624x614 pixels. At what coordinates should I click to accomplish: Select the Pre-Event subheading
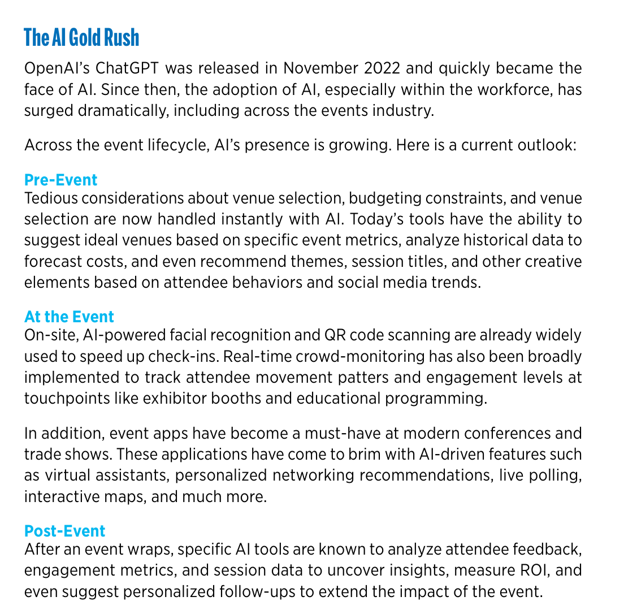point(61,180)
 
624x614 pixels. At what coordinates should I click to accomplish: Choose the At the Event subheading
point(69,316)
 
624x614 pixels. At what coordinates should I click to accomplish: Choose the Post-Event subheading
point(65,531)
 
